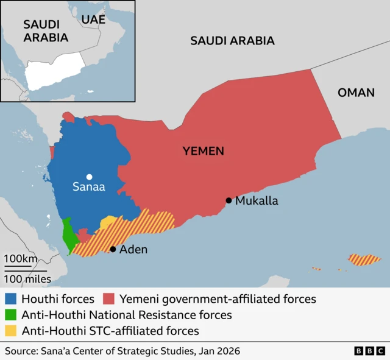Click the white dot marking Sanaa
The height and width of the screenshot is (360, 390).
coord(89,177)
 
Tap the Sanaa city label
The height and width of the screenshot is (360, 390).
coord(89,188)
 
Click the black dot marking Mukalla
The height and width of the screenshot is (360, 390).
coord(229,200)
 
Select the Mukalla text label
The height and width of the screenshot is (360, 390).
coord(257,200)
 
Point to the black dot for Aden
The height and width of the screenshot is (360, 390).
coord(113,249)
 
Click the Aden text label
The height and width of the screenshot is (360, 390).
coord(133,249)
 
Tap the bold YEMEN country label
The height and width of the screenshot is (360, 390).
coord(204,151)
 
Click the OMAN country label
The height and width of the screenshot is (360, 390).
coord(356,93)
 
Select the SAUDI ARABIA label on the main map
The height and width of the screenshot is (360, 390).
coord(232,41)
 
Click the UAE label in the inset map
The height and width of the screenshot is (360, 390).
coord(93,19)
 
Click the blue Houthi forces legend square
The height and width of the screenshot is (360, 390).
coord(10,299)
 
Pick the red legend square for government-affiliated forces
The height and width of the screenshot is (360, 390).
coord(109,299)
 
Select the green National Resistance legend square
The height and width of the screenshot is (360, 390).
coord(10,315)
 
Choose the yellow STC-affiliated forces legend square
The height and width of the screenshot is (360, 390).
coord(10,331)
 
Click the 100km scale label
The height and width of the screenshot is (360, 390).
coord(21,259)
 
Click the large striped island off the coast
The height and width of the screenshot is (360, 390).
coord(364,260)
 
